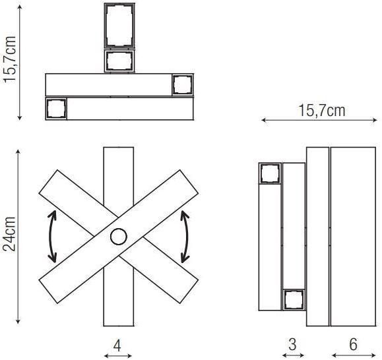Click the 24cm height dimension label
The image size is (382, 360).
[x=9, y=233]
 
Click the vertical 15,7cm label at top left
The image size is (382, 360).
[x=10, y=59]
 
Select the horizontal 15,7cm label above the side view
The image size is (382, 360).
[x=322, y=110]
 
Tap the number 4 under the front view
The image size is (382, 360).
[x=117, y=345]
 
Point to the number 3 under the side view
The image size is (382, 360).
[x=292, y=344]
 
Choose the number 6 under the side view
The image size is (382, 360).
[x=353, y=344]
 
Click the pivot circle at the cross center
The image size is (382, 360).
[x=119, y=236]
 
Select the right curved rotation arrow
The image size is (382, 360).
[x=187, y=237]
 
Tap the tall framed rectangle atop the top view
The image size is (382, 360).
[x=119, y=26]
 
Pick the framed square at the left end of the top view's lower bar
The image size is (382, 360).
[x=56, y=109]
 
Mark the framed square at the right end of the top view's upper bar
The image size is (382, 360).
[x=183, y=84]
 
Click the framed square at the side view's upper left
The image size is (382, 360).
[x=271, y=173]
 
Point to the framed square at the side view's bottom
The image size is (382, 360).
[x=294, y=299]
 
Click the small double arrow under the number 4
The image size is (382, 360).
[x=118, y=356]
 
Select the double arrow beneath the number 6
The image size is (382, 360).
[x=354, y=355]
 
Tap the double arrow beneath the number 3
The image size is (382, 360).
[x=293, y=355]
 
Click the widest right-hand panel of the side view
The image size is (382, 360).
[x=353, y=237]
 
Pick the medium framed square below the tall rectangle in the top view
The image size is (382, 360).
[x=119, y=61]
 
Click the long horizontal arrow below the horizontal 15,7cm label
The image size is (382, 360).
[x=319, y=120]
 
